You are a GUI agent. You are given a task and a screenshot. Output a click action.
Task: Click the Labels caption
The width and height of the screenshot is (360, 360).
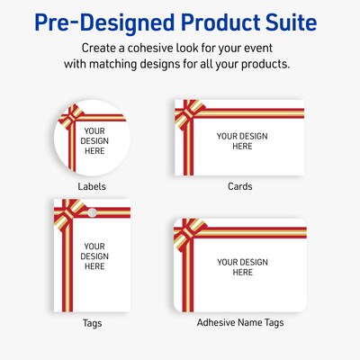pos(91,187)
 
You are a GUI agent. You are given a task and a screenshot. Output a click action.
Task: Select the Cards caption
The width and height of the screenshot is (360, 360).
pos(239,186)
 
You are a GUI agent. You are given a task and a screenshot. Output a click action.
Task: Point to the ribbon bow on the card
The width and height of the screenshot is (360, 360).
pos(185,111)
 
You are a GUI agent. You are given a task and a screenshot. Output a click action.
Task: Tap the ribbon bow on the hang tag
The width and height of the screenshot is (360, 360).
pos(66,212)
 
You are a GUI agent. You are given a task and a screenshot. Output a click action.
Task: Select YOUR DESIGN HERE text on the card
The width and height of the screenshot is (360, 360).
pos(242,141)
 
